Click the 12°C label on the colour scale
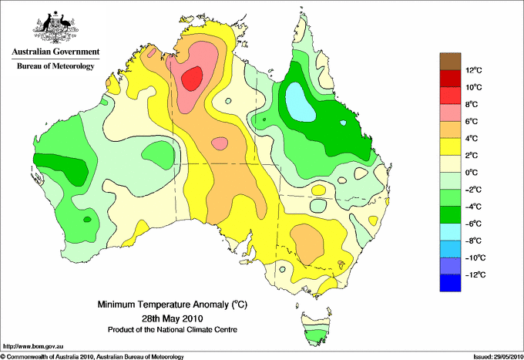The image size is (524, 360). click(x=474, y=70)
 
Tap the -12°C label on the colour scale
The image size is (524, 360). click(x=475, y=274)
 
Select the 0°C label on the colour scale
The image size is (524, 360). click(x=472, y=173)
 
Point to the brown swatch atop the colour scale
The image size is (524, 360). click(x=450, y=61)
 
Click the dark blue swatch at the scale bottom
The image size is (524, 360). click(x=450, y=283)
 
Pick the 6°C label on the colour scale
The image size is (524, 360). click(x=472, y=121)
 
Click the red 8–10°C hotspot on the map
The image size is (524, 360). click(x=192, y=78)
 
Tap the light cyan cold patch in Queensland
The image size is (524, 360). click(x=300, y=102)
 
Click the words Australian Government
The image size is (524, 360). click(x=55, y=52)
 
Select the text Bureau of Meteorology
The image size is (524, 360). click(x=55, y=66)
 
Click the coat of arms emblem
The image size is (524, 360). click(x=55, y=27)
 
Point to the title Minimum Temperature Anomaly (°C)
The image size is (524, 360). click(x=173, y=304)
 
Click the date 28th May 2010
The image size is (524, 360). click(x=173, y=318)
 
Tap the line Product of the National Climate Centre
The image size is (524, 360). click(x=173, y=330)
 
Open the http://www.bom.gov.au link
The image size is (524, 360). click(x=33, y=347)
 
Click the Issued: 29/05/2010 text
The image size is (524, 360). click(x=499, y=357)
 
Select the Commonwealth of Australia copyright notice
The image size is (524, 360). click(x=92, y=357)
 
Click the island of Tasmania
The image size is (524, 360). click(x=316, y=329)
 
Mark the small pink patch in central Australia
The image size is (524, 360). click(x=220, y=143)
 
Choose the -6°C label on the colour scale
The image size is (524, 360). click(x=474, y=224)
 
